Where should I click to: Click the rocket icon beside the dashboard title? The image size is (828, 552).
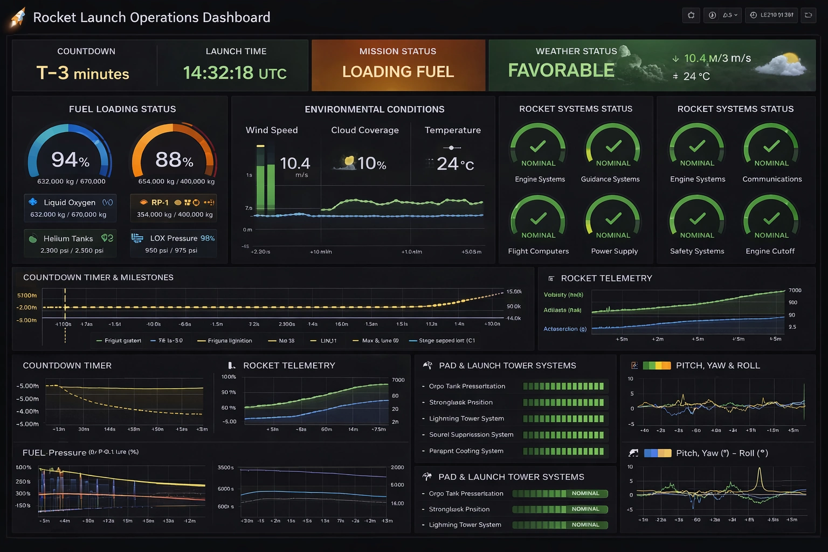point(18,17)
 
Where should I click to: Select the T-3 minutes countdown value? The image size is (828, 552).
point(82,73)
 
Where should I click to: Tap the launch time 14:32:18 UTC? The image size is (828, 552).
point(235,72)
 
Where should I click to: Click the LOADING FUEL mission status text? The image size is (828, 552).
point(398,72)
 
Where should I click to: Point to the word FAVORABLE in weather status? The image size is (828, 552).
point(561,71)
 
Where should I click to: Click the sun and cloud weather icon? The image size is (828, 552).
point(783,64)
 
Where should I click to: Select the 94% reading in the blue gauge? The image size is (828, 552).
point(70,160)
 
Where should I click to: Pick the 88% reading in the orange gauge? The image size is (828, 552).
point(174,160)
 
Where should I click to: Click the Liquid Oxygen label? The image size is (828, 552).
point(69,202)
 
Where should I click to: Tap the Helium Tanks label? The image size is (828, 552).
point(68,238)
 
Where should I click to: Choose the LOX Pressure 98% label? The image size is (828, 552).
point(182,238)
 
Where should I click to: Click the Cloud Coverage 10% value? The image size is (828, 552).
point(371,163)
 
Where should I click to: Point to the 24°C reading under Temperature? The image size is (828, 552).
point(455,164)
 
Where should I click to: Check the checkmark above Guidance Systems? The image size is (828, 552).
point(613,146)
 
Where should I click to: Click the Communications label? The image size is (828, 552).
point(772,179)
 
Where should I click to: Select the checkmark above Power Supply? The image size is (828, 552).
point(613,218)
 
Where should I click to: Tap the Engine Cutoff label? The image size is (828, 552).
point(770,251)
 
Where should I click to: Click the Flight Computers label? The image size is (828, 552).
point(538,251)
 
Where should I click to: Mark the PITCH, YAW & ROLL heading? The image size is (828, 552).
point(717,365)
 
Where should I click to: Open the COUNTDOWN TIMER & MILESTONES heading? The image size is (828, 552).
point(98,278)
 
